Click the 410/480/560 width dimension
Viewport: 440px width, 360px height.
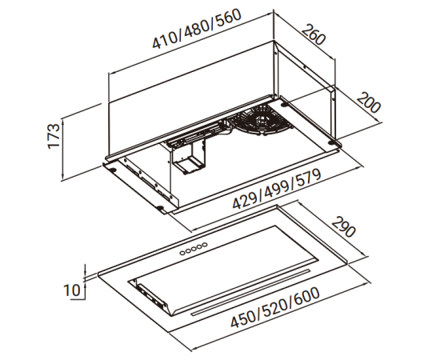click(x=197, y=29)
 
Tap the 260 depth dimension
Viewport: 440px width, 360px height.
click(x=314, y=34)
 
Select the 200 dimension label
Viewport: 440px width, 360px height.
click(x=369, y=103)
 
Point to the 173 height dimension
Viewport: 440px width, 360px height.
click(x=54, y=136)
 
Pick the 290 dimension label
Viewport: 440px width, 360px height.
click(x=343, y=226)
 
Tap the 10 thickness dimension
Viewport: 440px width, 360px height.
click(x=72, y=290)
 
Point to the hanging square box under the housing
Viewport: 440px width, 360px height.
click(x=188, y=157)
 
